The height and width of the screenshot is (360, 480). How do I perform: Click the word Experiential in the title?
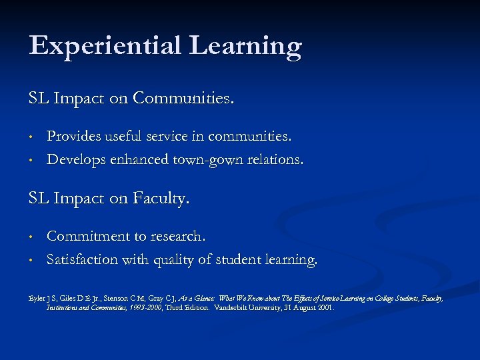pos(105,46)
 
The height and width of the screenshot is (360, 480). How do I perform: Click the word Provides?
pos(75,137)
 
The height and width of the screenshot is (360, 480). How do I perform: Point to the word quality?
pos(177,259)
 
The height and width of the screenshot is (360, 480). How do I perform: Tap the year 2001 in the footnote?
pos(325,308)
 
